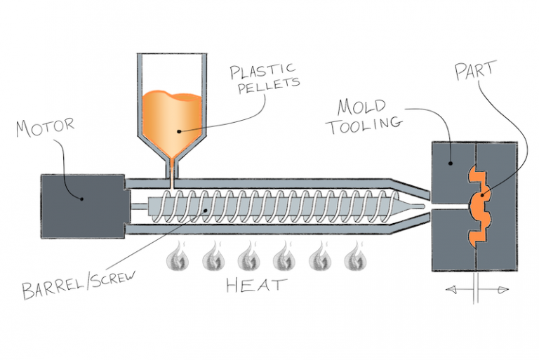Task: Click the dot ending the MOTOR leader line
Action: (82, 198)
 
